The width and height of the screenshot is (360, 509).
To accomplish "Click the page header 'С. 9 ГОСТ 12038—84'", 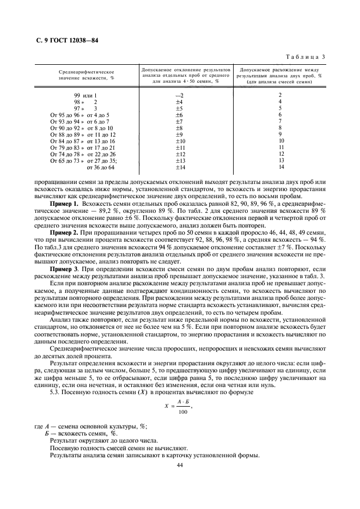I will tap(62, 41).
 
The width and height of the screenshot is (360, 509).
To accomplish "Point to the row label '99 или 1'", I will tap(86, 95).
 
